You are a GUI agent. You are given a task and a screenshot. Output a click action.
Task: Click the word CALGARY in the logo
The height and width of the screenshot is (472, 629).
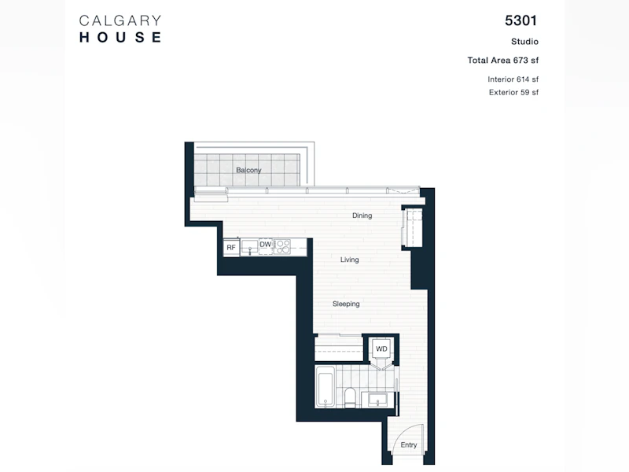point(120,21)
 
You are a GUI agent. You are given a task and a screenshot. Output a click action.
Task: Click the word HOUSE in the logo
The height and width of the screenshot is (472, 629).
point(120,37)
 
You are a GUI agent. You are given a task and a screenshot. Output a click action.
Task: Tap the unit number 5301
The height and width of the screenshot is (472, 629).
point(520,20)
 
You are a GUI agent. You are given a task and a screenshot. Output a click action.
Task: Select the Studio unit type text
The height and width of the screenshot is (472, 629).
point(524,42)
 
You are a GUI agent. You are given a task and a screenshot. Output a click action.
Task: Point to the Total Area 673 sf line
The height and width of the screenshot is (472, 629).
point(503,61)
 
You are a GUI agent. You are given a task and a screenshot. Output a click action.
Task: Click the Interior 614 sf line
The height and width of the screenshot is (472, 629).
point(513,79)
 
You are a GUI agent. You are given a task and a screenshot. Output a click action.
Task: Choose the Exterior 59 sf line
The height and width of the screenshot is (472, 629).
point(514,92)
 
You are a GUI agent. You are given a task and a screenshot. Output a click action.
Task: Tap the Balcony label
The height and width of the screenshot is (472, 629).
point(248,170)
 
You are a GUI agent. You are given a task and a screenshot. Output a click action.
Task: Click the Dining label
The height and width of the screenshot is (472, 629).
point(362,216)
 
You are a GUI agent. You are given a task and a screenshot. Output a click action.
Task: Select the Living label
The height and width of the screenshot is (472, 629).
point(349,260)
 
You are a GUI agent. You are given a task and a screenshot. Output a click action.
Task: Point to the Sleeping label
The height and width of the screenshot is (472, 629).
point(346,304)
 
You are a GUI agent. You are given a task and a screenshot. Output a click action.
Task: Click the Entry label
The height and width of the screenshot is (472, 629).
point(409,444)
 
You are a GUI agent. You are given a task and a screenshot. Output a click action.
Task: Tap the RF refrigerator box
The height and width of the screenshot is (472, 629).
point(231,247)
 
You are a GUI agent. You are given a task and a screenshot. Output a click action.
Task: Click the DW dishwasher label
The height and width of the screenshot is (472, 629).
point(266,244)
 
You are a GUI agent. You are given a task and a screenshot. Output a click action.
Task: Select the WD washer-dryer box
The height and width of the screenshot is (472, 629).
point(381,348)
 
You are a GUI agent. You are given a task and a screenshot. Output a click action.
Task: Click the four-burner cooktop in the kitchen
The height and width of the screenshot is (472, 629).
point(282,247)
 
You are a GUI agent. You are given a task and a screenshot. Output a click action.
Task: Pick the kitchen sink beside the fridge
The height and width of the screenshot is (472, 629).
point(249,247)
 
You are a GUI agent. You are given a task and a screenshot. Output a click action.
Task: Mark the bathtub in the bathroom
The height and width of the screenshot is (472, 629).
point(325,389)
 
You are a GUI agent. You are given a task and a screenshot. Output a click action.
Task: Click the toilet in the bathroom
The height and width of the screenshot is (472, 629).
point(350,398)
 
